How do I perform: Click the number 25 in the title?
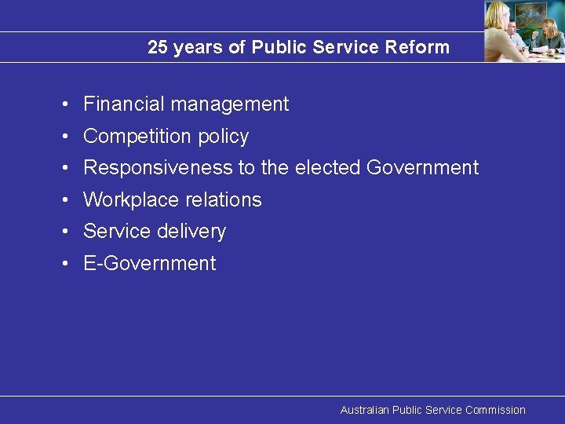pyautogui.click(x=158, y=48)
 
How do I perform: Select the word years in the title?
pyautogui.click(x=198, y=48)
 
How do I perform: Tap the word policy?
pyautogui.click(x=223, y=137)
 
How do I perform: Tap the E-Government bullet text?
pyautogui.click(x=149, y=264)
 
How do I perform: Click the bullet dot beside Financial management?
pyautogui.click(x=69, y=104)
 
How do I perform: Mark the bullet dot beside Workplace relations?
pyautogui.click(x=69, y=200)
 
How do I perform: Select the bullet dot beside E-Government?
pyautogui.click(x=69, y=264)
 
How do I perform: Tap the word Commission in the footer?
pyautogui.click(x=495, y=410)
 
